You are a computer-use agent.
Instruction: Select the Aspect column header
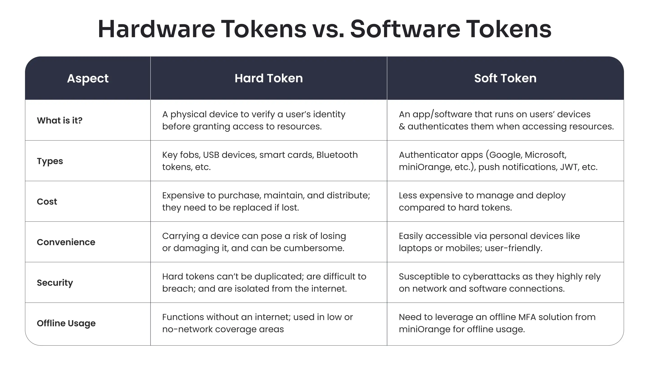click(88, 78)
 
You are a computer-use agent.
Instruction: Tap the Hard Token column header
click(269, 78)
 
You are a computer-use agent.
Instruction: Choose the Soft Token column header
click(505, 78)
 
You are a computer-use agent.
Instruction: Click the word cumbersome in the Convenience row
click(313, 248)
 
